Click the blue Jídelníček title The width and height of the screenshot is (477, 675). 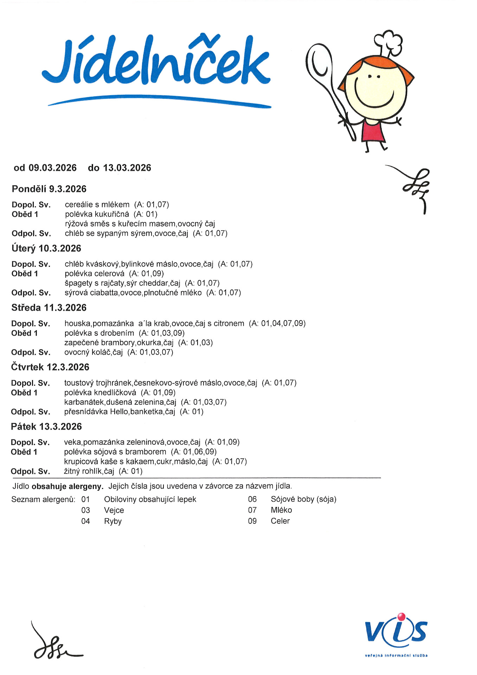click(156, 62)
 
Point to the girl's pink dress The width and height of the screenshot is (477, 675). click(373, 130)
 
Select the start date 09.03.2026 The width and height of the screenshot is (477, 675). click(52, 168)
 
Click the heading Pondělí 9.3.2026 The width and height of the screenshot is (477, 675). click(49, 189)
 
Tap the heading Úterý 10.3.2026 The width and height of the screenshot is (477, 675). click(46, 248)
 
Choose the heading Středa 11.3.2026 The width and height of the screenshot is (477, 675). click(49, 308)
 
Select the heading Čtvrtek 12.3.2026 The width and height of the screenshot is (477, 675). click(50, 367)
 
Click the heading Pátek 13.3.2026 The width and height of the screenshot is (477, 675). click(46, 426)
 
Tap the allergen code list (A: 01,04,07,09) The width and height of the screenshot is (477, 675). click(277, 323)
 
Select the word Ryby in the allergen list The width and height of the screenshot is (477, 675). click(112, 521)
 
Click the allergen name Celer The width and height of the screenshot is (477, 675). click(280, 521)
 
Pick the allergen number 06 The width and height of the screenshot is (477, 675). click(252, 499)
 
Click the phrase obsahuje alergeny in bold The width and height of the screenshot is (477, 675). click(67, 486)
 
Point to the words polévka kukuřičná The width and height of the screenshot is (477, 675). click(97, 214)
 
